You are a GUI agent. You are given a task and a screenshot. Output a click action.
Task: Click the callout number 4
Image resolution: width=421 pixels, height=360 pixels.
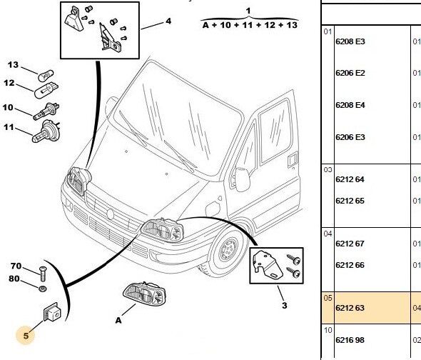coord(168,21)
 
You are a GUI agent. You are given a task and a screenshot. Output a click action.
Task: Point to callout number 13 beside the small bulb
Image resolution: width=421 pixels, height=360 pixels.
coord(13,65)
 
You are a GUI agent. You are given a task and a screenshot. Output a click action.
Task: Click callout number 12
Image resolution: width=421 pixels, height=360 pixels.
coord(9,83)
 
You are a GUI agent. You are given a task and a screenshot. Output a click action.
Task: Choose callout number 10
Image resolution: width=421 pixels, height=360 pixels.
coord(8,108)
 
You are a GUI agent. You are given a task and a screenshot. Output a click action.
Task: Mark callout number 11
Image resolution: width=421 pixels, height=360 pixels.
coord(9,127)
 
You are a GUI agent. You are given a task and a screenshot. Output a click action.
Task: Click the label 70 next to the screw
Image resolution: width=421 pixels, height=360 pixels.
coord(16,266)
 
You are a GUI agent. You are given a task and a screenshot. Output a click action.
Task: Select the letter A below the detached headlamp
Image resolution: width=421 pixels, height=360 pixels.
coord(118,321)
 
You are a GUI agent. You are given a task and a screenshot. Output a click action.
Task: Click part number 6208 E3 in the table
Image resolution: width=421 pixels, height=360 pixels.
coord(350,41)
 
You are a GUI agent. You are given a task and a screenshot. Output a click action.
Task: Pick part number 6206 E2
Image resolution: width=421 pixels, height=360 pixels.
coord(350,73)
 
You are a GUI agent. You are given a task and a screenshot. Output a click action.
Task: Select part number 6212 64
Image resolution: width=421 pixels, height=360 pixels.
coord(350,179)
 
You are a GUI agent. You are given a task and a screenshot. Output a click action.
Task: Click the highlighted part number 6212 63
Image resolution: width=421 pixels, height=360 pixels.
coord(350,308)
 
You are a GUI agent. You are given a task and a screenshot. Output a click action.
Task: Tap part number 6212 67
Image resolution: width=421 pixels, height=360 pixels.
coord(350,244)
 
